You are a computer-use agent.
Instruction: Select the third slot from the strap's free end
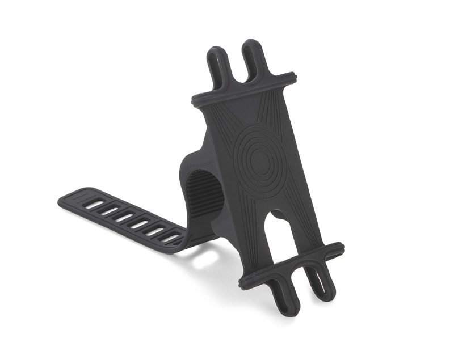coord(121,217)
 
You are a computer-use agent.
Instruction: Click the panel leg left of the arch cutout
coord(256,244)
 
